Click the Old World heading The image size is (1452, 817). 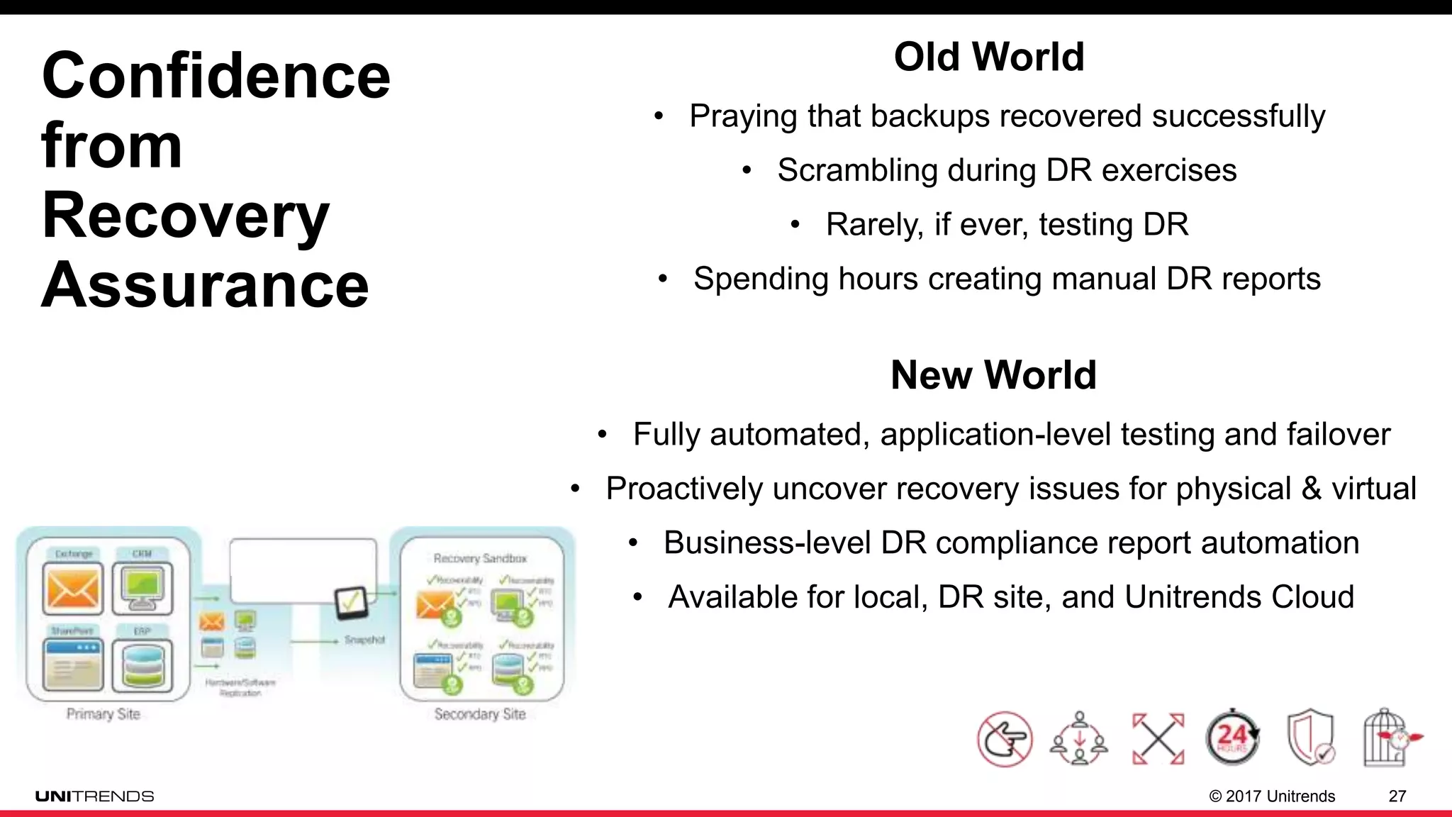(x=989, y=57)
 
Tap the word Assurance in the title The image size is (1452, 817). (x=205, y=284)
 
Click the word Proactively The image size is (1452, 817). (x=683, y=489)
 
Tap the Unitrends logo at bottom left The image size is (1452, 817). (x=94, y=796)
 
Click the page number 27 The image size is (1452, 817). (x=1397, y=796)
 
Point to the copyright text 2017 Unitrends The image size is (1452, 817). (x=1280, y=796)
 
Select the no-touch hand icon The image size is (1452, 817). (x=1005, y=740)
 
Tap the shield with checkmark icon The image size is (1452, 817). (x=1310, y=738)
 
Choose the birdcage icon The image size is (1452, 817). (x=1387, y=738)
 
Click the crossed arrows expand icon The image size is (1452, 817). (x=1158, y=739)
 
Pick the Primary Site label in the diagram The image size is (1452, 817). (x=104, y=713)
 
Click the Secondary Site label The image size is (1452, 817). (x=480, y=714)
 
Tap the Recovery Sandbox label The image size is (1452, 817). (x=480, y=558)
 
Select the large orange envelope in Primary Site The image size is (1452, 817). (x=72, y=589)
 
